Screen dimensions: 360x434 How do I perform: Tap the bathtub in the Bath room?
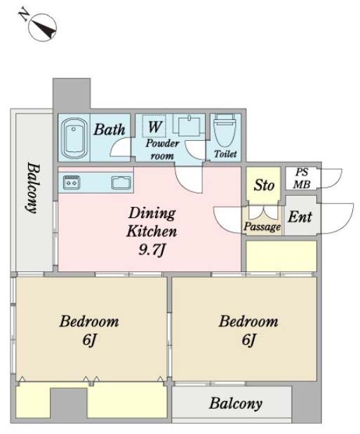tap(74, 138)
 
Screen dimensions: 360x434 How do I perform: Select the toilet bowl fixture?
tap(225, 130)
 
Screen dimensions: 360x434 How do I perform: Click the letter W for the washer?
tap(154, 126)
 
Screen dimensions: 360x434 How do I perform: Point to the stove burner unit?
tap(72, 182)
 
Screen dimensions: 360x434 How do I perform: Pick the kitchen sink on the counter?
tap(121, 183)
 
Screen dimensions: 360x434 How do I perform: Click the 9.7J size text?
tap(152, 250)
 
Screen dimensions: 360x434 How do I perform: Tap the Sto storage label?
tap(264, 185)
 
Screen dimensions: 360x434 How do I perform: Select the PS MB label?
tap(302, 178)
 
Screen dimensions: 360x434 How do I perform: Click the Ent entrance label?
tap(300, 217)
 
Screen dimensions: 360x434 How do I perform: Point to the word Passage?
tap(262, 227)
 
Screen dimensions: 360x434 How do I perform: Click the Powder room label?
tap(162, 149)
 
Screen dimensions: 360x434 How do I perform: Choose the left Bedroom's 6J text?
tap(88, 340)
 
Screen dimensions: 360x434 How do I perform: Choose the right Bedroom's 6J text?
tap(248, 339)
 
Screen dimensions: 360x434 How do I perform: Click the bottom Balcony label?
tap(236, 404)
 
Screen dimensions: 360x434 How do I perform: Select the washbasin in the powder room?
tap(189, 125)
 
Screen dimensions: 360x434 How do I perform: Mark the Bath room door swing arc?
tap(119, 147)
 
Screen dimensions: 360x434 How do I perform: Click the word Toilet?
tap(225, 154)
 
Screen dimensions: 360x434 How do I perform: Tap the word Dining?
tap(152, 213)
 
